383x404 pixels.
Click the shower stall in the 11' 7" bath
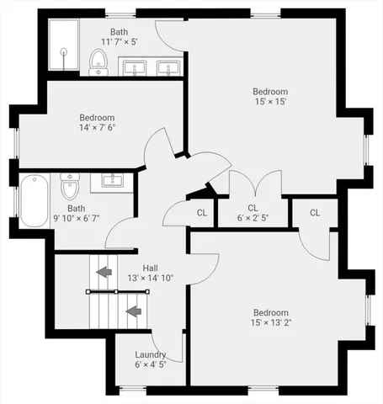(x=62, y=47)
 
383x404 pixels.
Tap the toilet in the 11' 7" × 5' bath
(x=98, y=61)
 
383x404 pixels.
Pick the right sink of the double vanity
(x=170, y=66)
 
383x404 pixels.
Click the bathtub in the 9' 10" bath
(x=34, y=200)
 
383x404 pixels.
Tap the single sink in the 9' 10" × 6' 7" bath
(x=112, y=179)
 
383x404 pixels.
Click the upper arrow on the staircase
(x=104, y=272)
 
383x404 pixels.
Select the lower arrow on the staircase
(x=132, y=311)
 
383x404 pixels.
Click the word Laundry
(x=151, y=354)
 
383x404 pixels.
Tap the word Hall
(x=151, y=268)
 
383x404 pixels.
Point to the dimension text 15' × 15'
(x=270, y=102)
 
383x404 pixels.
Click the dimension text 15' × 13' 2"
(x=270, y=322)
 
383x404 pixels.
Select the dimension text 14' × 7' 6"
(x=97, y=128)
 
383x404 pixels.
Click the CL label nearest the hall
(x=202, y=213)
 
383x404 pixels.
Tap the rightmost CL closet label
(x=315, y=213)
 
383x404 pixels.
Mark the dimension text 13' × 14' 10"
(x=151, y=278)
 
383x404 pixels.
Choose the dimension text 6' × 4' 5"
(x=151, y=364)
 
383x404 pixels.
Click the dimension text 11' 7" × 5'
(x=119, y=41)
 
